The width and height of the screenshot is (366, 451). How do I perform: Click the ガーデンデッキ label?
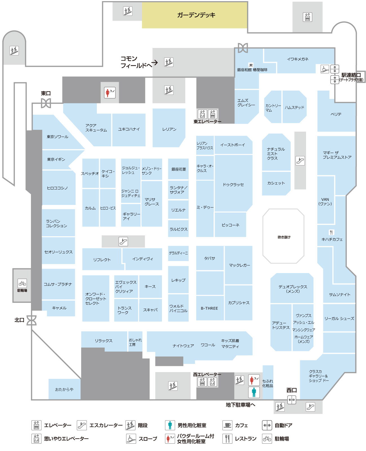[x=196, y=15]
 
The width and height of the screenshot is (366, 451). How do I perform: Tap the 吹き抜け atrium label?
[x=284, y=237]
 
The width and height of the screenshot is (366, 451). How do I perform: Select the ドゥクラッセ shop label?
[x=233, y=185]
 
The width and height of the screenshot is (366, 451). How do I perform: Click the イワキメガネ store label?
[x=298, y=59]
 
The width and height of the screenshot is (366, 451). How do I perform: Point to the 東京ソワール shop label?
[x=57, y=137]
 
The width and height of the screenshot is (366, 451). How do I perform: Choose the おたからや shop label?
[x=64, y=389]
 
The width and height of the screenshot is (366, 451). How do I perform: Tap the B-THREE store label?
[x=209, y=308]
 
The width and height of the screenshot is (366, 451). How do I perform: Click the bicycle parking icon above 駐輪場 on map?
[x=22, y=283]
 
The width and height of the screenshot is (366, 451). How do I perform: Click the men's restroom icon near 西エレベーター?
[x=254, y=392]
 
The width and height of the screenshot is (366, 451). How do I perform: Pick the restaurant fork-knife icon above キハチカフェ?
[x=331, y=232]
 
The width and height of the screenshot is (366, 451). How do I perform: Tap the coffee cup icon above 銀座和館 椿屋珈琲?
[x=251, y=65]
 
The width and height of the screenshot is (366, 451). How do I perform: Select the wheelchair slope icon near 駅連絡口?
[x=325, y=69]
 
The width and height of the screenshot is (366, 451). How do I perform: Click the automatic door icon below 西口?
[x=292, y=400]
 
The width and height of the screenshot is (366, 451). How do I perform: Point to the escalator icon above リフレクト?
[x=123, y=241]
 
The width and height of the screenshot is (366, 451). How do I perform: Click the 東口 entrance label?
[x=46, y=93]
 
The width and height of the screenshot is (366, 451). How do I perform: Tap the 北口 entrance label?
[x=19, y=320]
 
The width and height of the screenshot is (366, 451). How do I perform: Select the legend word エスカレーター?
[x=106, y=425]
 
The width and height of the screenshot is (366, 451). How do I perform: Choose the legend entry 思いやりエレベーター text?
[x=66, y=439]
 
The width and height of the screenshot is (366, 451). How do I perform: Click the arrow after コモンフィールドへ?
[x=155, y=63]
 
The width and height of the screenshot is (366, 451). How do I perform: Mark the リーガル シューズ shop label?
[x=339, y=319]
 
